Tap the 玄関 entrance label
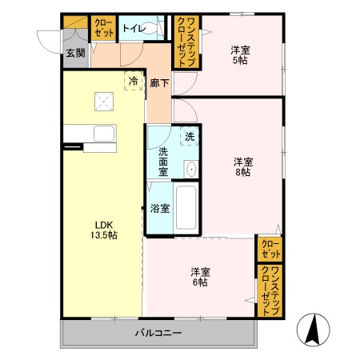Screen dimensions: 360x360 pos(74,54)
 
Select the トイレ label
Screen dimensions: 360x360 pos(133,29)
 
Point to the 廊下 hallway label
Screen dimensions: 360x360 pos(158,82)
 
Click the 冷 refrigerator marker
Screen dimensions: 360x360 pos(133,81)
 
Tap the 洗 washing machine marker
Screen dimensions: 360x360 pos(189,136)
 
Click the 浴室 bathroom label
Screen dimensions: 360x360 pos(159,209)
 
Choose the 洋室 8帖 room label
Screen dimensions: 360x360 pos(243,166)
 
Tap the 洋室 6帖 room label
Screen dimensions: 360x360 pos(200,276)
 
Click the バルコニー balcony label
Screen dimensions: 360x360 pos(158,332)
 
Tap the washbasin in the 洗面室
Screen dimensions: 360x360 pos(190,169)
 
